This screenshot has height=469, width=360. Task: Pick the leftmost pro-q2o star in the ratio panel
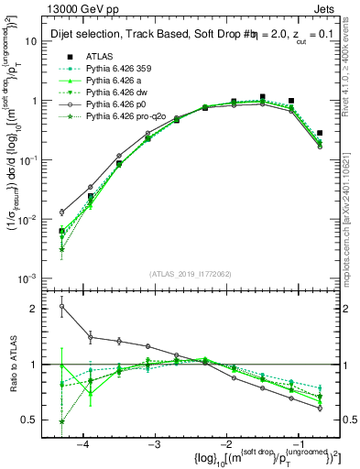61,421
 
